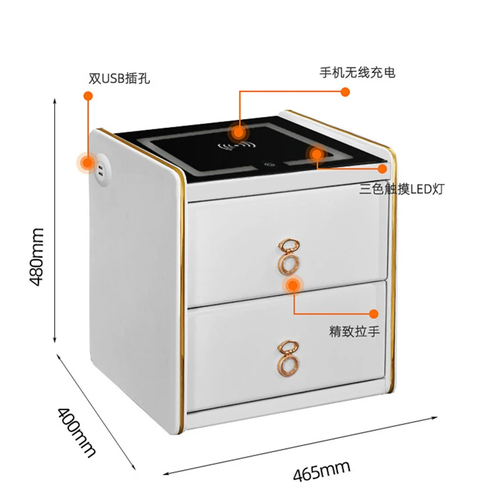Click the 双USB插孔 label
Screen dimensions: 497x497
119,79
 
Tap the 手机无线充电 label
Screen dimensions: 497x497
357,73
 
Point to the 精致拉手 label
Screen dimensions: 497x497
354,332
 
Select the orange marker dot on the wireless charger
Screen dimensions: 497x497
237,132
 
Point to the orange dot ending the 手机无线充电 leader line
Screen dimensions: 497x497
345,92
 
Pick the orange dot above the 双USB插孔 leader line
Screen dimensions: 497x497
88,96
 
